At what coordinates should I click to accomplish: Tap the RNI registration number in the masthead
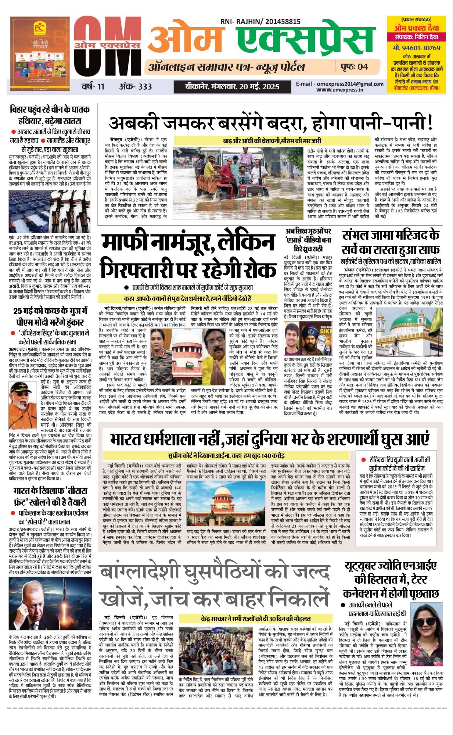[260, 22]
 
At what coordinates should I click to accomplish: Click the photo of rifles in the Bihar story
[50, 211]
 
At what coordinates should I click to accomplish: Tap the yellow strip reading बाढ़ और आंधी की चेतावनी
[272, 141]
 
